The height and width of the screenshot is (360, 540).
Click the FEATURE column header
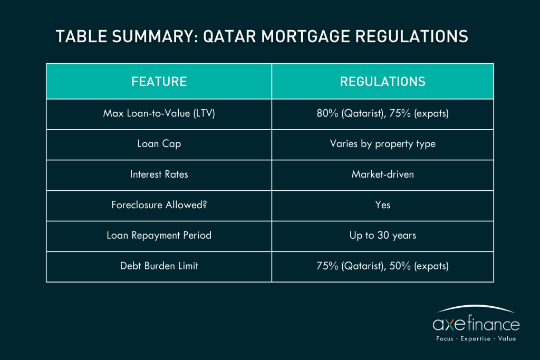(x=159, y=82)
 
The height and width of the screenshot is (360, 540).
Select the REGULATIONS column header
(x=383, y=82)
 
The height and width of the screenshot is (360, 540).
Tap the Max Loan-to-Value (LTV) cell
(x=159, y=113)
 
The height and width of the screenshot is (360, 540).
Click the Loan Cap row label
(x=159, y=144)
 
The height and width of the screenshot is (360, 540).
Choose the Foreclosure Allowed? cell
(x=159, y=205)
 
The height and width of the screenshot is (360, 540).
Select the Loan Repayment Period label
(x=159, y=236)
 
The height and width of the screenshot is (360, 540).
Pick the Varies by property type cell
(x=383, y=144)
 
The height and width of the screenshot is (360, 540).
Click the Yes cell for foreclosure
(x=383, y=205)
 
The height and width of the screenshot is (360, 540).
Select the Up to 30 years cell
(x=383, y=236)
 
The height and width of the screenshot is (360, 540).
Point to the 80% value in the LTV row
(x=327, y=113)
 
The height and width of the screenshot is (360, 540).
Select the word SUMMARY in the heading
(x=155, y=36)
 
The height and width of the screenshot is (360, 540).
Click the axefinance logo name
(x=476, y=324)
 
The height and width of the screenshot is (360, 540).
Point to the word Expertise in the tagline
(x=476, y=339)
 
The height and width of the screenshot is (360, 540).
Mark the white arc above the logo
(x=476, y=306)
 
